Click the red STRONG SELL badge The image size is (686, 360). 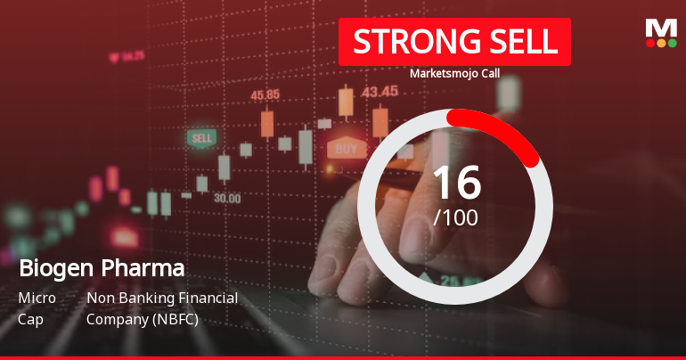[x=454, y=41]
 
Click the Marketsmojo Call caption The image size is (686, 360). [x=454, y=74]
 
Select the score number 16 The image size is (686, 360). [x=455, y=183]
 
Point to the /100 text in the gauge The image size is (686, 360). [x=455, y=217]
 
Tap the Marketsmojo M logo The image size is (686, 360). [x=660, y=33]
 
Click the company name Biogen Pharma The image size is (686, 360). [x=102, y=267]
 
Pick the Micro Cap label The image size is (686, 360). [x=37, y=307]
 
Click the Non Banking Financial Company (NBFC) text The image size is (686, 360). [x=162, y=307]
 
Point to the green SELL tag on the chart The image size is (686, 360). [x=202, y=138]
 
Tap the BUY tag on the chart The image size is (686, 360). [x=347, y=147]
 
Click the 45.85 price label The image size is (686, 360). [x=265, y=94]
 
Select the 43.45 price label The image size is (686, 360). [x=380, y=91]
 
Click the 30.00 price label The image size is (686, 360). [x=226, y=198]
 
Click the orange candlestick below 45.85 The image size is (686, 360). [x=266, y=124]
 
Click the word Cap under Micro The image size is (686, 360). [x=29, y=318]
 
